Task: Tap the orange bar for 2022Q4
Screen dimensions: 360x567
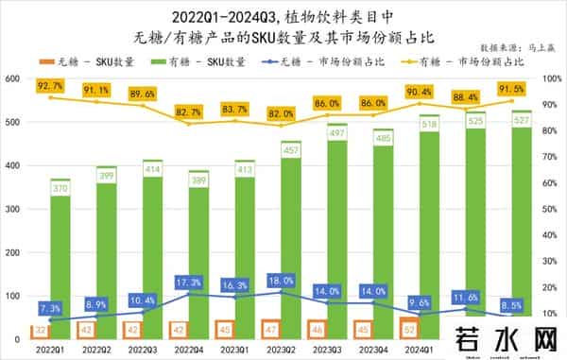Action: [x=177, y=330]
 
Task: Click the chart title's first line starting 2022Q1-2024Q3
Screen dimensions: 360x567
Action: [x=283, y=16]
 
